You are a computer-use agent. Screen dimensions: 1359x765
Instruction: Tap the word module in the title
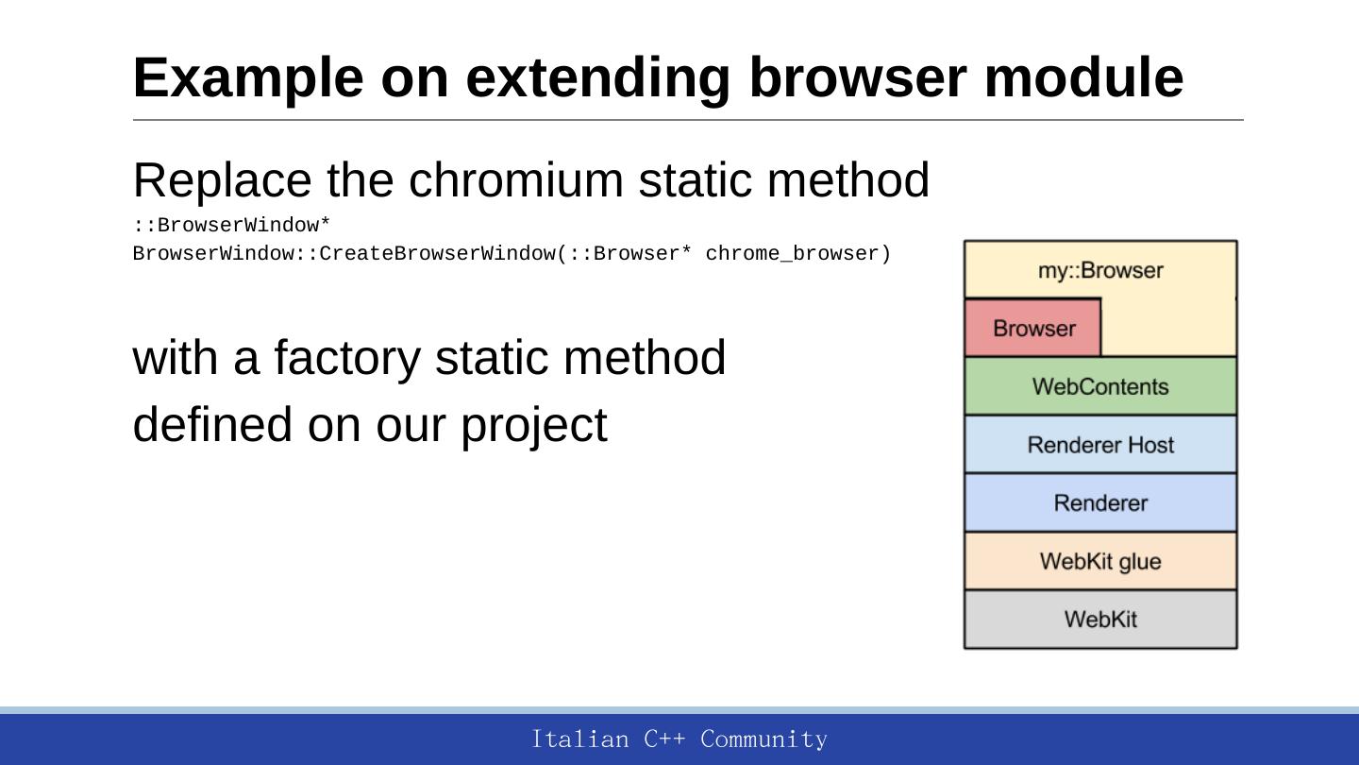[x=1083, y=77]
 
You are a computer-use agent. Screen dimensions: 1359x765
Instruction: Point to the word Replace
[x=222, y=181]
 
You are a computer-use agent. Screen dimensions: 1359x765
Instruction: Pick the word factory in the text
[x=347, y=359]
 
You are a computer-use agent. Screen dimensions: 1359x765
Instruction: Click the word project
[x=534, y=426]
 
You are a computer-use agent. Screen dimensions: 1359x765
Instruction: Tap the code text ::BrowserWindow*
[x=231, y=225]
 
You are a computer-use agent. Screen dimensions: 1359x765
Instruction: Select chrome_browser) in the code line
[x=797, y=254]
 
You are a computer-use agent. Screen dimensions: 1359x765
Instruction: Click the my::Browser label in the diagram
[x=1100, y=270]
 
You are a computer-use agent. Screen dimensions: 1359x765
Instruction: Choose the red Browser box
[x=1032, y=327]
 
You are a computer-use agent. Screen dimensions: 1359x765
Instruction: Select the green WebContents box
[x=1100, y=386]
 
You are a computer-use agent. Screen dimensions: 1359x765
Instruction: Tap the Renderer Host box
[x=1100, y=445]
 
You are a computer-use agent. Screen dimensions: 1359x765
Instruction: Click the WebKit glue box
[x=1100, y=561]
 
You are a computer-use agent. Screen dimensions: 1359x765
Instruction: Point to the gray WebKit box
[x=1100, y=620]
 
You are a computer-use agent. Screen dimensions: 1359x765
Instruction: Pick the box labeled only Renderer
[x=1100, y=502]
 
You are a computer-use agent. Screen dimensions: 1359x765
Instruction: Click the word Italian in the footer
[x=580, y=739]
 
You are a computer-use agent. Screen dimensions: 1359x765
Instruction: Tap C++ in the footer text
[x=664, y=739]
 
